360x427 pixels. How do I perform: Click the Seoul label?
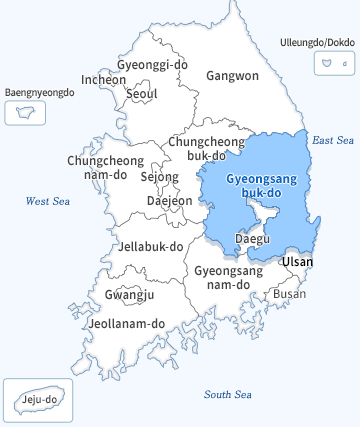(x=141, y=94)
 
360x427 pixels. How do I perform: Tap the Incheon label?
(x=104, y=79)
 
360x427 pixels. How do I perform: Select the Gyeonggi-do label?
(x=152, y=65)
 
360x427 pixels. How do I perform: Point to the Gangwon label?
(x=232, y=76)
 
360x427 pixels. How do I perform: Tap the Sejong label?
(x=159, y=177)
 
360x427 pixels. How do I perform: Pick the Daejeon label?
(x=169, y=200)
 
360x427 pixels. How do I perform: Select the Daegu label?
(x=251, y=239)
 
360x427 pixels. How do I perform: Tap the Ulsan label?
(x=297, y=262)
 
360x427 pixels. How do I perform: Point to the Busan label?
(x=289, y=294)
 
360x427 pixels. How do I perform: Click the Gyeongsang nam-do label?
(x=228, y=278)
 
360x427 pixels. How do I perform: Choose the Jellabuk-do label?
(x=150, y=246)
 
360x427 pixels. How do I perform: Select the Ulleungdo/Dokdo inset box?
(x=329, y=63)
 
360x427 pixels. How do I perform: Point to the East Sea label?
(x=333, y=141)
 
